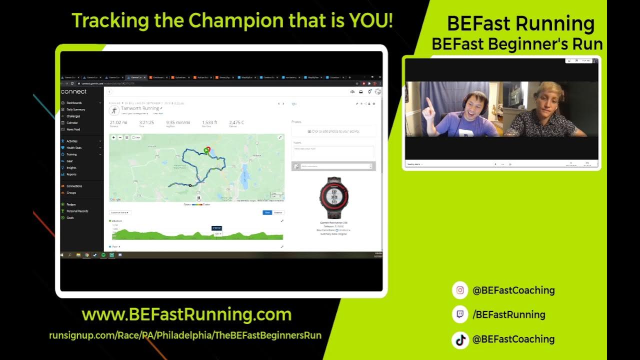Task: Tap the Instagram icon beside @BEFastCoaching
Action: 460,290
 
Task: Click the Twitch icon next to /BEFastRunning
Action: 460,314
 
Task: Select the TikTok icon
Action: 460,339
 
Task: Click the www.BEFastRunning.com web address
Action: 186,314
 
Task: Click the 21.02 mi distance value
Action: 118,122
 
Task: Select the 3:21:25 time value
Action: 146,122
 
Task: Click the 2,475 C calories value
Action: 236,122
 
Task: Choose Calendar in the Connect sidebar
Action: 72,122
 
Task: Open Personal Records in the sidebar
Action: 77,211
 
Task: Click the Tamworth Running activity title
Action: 139,108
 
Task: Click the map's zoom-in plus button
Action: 113,137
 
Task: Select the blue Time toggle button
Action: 267,212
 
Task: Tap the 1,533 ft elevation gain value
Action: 209,122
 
